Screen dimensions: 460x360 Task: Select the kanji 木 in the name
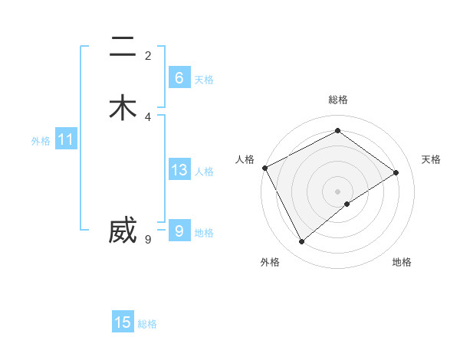click(123, 108)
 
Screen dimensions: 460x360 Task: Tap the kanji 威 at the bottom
click(123, 231)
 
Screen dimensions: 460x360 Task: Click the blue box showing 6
click(179, 77)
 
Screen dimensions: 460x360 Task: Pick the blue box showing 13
click(179, 170)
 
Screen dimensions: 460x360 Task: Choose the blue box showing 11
click(65, 139)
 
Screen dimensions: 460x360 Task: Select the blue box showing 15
click(123, 322)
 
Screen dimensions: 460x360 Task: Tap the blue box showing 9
click(179, 231)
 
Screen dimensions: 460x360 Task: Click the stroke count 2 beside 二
click(148, 56)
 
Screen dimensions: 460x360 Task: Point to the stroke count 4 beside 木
click(148, 117)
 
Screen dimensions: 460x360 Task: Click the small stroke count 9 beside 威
click(148, 240)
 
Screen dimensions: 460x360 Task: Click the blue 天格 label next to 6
click(204, 80)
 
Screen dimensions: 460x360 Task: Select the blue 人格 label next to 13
click(204, 172)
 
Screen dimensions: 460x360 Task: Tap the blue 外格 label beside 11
click(41, 141)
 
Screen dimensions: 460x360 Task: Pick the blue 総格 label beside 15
click(147, 325)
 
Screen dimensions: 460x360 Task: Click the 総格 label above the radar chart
click(337, 100)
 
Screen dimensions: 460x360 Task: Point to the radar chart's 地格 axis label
click(402, 262)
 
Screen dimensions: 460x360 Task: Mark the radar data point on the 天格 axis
click(396, 172)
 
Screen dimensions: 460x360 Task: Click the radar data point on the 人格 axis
click(264, 168)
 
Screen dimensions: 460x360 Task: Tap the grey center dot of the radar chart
click(337, 191)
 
